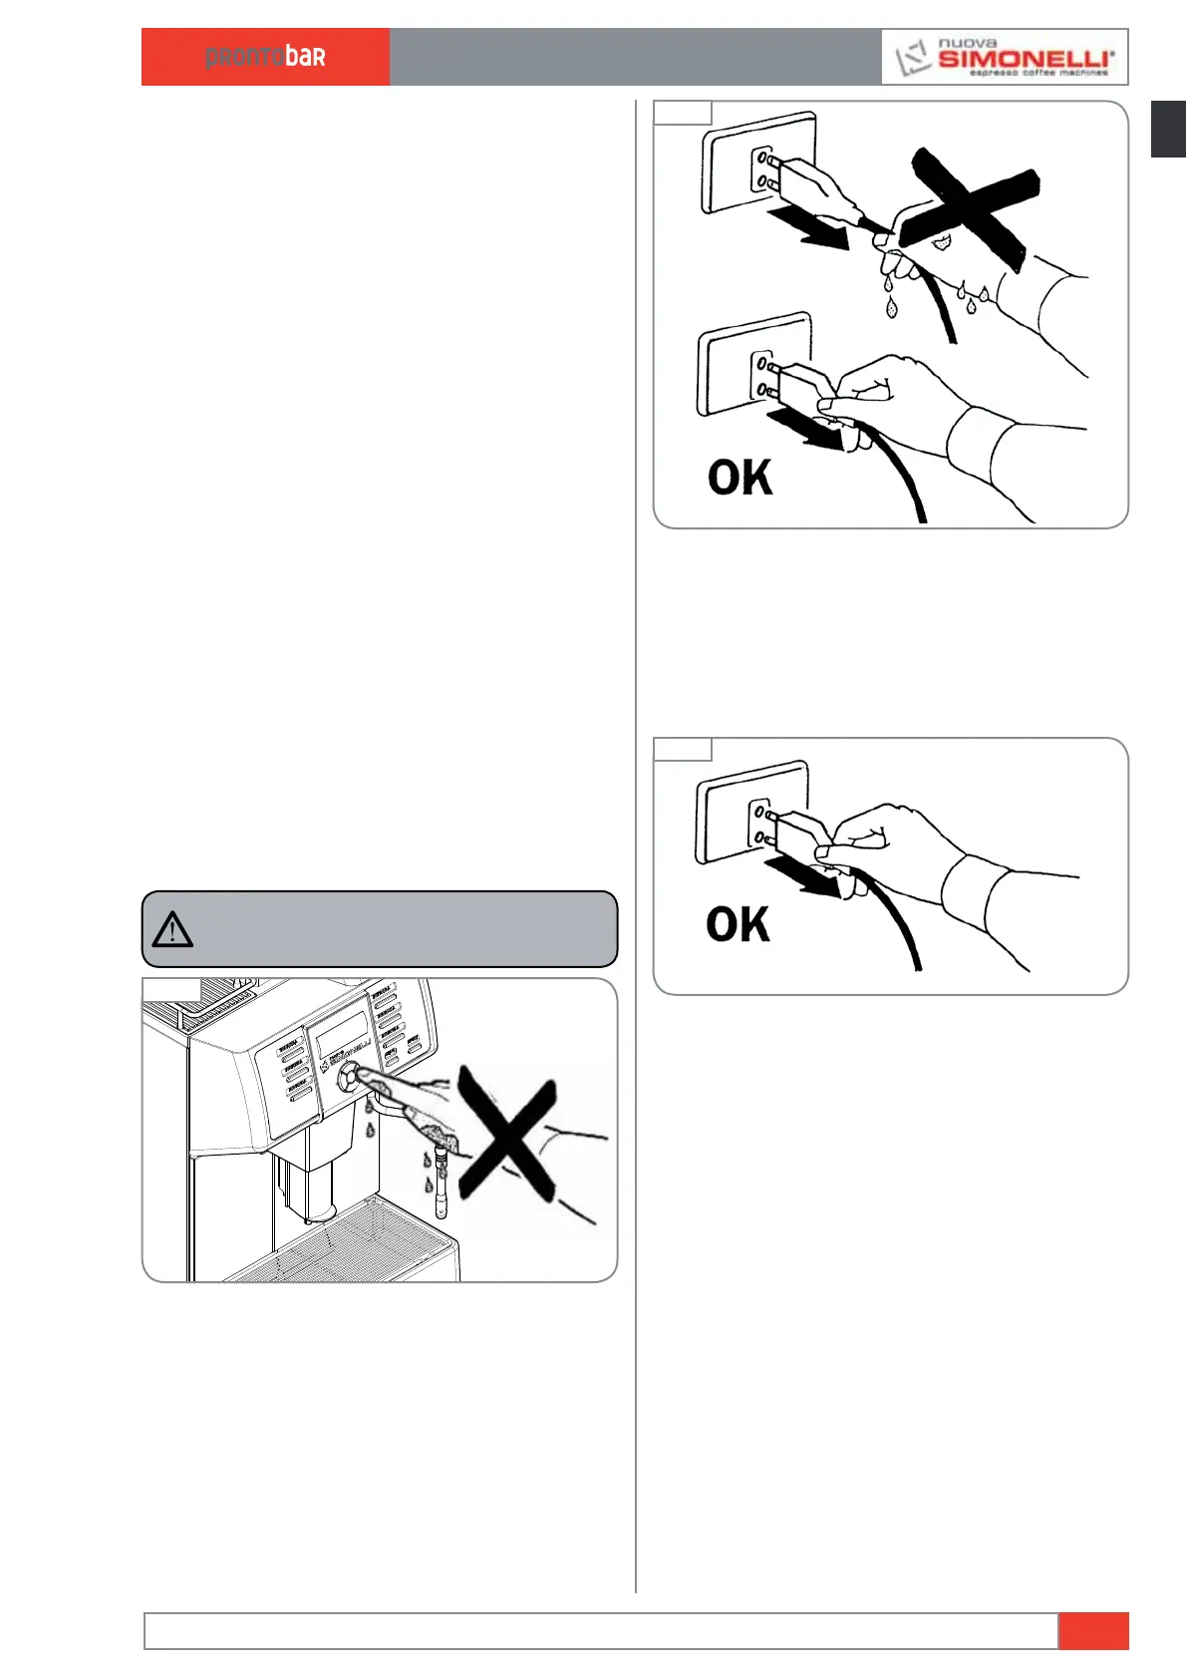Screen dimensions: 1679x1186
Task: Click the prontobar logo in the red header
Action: pos(265,57)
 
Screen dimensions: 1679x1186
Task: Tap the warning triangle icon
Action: pos(172,929)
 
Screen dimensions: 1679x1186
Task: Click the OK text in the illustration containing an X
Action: pos(740,478)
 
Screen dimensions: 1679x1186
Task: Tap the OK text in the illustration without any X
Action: pos(738,924)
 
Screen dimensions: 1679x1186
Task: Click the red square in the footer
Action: pos(1093,1630)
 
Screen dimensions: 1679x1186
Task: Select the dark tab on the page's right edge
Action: pos(1168,129)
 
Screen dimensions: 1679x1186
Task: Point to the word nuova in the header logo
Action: pos(967,43)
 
